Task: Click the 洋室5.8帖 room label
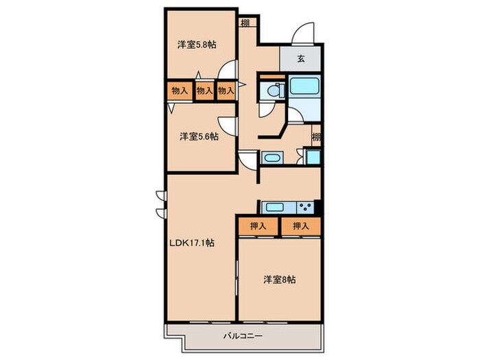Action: click(x=197, y=45)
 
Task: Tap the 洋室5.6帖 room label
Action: click(x=199, y=136)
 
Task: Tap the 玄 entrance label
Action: click(x=300, y=59)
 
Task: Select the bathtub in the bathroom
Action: click(x=302, y=88)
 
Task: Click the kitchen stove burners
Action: click(x=304, y=207)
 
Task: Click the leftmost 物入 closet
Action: click(x=180, y=91)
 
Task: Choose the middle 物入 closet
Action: click(x=204, y=91)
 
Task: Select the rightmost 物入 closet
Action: click(x=226, y=91)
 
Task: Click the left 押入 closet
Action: click(x=257, y=226)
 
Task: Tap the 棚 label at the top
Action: click(x=245, y=23)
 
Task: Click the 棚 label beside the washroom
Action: click(x=316, y=136)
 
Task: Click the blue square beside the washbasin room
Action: click(x=313, y=157)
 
